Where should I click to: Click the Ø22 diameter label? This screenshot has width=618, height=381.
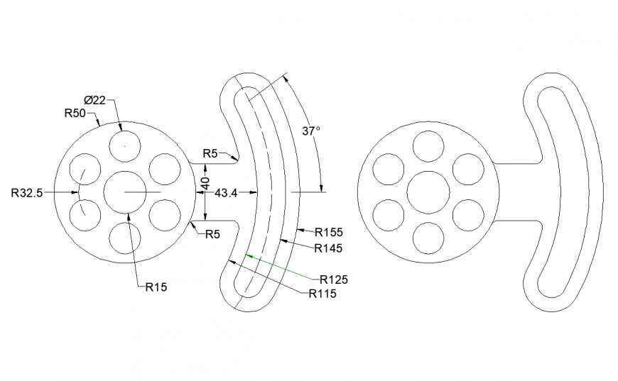click(x=94, y=100)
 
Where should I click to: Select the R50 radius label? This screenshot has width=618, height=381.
click(x=75, y=113)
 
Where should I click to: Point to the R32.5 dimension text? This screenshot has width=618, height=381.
click(x=28, y=192)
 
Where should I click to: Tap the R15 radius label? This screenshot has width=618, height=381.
click(x=156, y=287)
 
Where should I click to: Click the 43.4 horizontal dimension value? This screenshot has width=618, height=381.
click(x=225, y=193)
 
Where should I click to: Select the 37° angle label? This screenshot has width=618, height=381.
click(x=311, y=131)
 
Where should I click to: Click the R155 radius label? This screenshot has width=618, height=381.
click(x=329, y=232)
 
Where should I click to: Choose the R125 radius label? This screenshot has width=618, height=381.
click(x=334, y=279)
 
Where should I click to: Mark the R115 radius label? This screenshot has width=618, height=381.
click(x=322, y=294)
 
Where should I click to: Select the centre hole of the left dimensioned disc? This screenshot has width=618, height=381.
click(x=125, y=192)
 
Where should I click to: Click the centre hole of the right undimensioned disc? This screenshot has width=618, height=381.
click(x=428, y=192)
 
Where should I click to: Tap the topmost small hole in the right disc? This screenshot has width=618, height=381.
click(x=428, y=147)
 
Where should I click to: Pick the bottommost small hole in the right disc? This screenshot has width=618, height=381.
click(x=428, y=238)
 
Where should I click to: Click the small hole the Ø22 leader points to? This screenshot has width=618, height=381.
click(x=125, y=147)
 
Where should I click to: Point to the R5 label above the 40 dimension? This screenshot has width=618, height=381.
click(x=210, y=153)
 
